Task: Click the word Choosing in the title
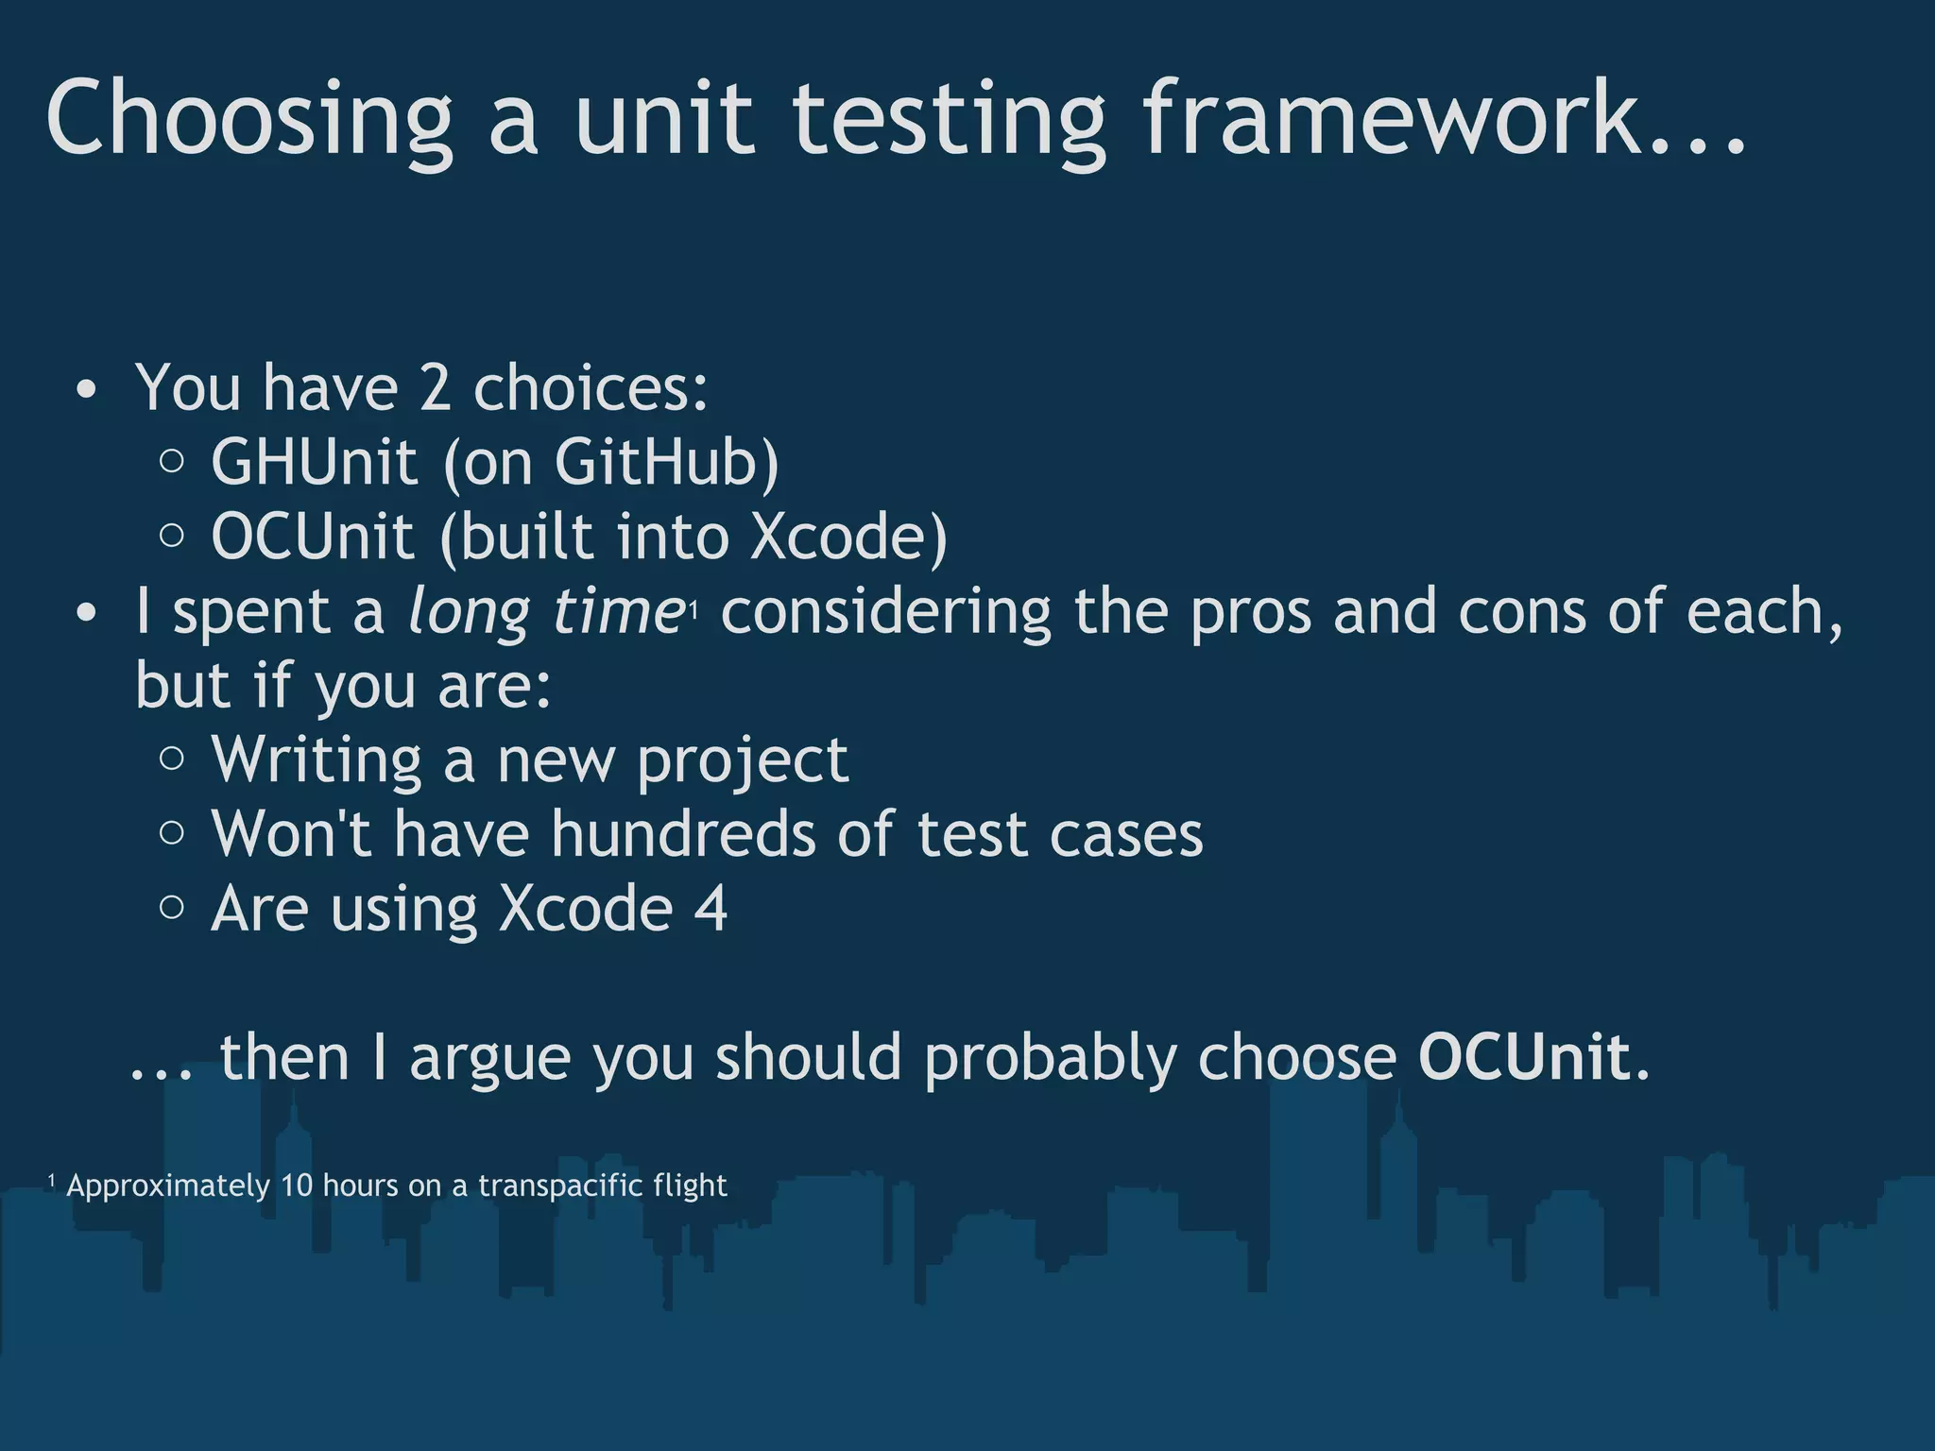tap(249, 119)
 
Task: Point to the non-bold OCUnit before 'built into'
tap(313, 537)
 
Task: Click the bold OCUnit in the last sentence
tap(1524, 1057)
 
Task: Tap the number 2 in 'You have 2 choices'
tap(435, 387)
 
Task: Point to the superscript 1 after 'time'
tap(694, 613)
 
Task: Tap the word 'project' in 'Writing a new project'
tap(743, 761)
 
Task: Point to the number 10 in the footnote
tap(296, 1186)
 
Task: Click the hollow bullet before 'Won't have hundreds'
tap(172, 832)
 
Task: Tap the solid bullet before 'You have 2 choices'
tap(86, 390)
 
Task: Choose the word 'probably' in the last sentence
tap(1050, 1059)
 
